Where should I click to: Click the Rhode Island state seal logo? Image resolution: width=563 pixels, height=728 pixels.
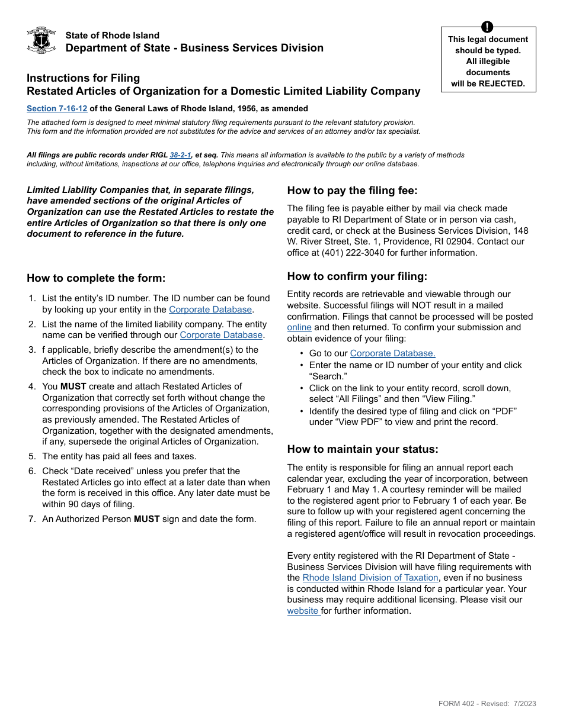click(x=41, y=40)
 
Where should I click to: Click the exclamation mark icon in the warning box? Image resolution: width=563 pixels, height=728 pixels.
click(x=487, y=27)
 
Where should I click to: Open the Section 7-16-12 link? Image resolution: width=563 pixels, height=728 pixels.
click(x=57, y=108)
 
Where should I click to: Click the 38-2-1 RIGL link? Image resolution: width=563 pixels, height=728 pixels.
click(x=180, y=155)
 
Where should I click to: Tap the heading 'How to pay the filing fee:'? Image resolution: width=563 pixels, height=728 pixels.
click(x=352, y=191)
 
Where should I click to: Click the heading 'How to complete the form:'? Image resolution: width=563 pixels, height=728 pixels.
click(x=96, y=278)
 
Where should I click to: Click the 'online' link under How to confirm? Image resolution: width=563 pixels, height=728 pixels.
click(x=299, y=327)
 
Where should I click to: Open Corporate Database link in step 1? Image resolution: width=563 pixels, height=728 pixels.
click(x=210, y=310)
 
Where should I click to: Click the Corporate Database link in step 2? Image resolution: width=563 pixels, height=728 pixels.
click(x=221, y=335)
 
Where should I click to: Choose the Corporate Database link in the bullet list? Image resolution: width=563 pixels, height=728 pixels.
click(x=392, y=353)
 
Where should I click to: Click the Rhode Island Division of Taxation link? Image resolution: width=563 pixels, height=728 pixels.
click(x=370, y=578)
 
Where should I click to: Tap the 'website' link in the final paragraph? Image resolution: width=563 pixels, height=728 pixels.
click(x=303, y=611)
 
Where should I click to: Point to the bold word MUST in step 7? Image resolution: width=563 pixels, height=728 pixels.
click(x=147, y=519)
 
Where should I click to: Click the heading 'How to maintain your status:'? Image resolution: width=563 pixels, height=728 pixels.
click(x=363, y=449)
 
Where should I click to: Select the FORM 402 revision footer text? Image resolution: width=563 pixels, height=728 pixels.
click(x=487, y=704)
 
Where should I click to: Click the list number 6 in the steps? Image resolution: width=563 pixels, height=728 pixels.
click(x=33, y=471)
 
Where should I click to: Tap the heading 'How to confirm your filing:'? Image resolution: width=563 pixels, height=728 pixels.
click(x=357, y=276)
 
